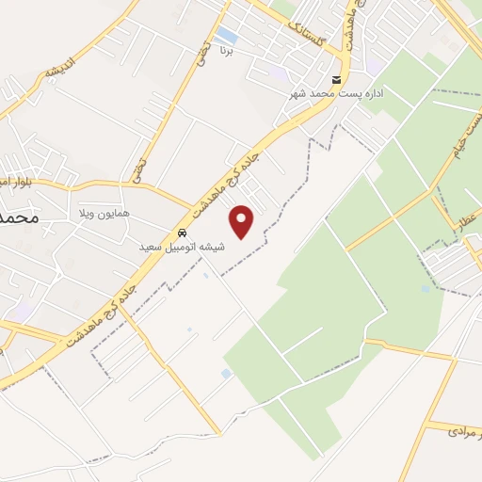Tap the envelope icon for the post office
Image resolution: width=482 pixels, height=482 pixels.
[x=337, y=78]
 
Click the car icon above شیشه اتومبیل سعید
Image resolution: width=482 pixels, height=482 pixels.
[x=182, y=232]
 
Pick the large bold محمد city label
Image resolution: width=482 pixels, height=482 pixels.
[x=19, y=217]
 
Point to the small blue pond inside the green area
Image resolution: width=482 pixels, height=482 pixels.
[x=225, y=374]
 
